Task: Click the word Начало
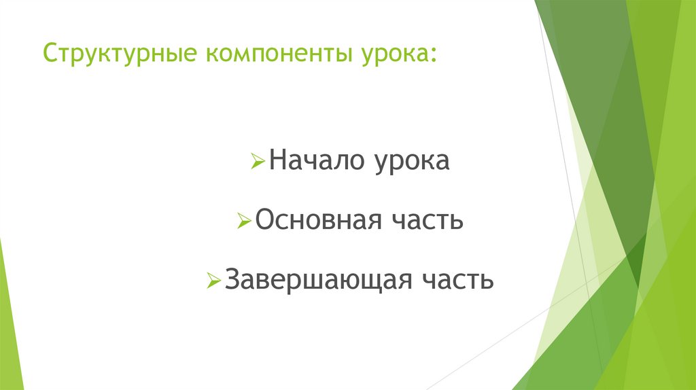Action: pos(315,162)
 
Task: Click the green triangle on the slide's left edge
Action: pos(9,319)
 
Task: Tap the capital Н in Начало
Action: pos(277,162)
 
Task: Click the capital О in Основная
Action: pos(265,220)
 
